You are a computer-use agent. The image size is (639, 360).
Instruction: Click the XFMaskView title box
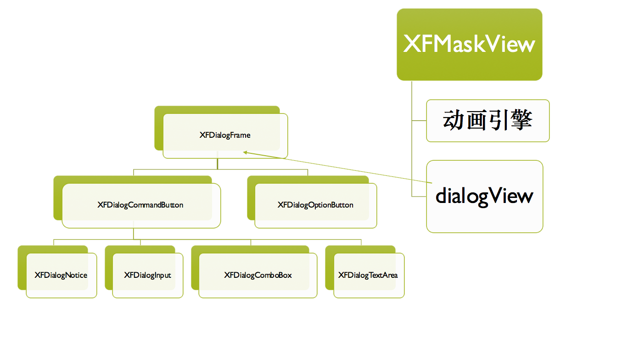point(469,45)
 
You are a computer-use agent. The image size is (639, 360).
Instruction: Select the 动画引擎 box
point(488,121)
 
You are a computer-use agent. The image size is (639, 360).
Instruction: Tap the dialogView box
point(484,196)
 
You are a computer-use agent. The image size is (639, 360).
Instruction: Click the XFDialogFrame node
point(225,135)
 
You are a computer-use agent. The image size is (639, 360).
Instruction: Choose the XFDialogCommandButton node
point(140,205)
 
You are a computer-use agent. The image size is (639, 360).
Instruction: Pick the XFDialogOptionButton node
point(315,205)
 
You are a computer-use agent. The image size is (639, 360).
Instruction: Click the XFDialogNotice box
point(61,276)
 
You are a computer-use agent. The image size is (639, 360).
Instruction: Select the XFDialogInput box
point(147,276)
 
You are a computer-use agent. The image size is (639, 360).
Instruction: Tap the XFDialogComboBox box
point(258,276)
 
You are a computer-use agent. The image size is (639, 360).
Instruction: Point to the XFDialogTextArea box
point(368,276)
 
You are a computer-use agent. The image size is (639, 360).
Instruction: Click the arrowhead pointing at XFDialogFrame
point(246,152)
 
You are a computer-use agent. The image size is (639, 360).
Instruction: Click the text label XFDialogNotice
point(61,276)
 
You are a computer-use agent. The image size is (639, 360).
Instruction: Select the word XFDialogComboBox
point(258,276)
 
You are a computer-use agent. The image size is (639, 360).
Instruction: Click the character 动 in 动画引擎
point(454,121)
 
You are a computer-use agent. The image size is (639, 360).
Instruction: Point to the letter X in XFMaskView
point(411,45)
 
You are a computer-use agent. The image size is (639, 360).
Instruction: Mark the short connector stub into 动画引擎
point(419,121)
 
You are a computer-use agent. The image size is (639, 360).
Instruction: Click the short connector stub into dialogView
point(419,197)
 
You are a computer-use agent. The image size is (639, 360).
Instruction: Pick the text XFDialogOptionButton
point(315,205)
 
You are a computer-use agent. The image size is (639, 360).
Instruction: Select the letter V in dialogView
point(494,196)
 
